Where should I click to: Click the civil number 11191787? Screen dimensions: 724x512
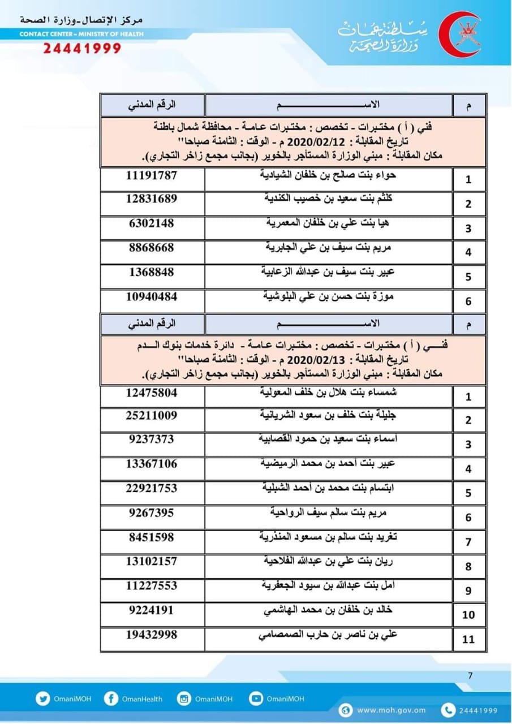151,175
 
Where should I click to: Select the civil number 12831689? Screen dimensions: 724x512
151,199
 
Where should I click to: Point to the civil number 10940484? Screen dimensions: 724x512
151,296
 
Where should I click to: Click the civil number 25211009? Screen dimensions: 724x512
151,416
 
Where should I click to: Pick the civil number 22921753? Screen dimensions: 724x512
151,488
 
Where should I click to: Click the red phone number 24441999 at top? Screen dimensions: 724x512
82,49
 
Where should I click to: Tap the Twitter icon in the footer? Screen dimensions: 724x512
43,699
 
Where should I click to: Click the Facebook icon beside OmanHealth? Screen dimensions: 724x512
111,699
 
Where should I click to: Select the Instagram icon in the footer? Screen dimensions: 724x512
184,699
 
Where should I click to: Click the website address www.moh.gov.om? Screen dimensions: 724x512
391,710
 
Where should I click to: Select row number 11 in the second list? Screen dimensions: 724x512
468,640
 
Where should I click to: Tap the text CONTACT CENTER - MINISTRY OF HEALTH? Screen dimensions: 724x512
81,34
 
